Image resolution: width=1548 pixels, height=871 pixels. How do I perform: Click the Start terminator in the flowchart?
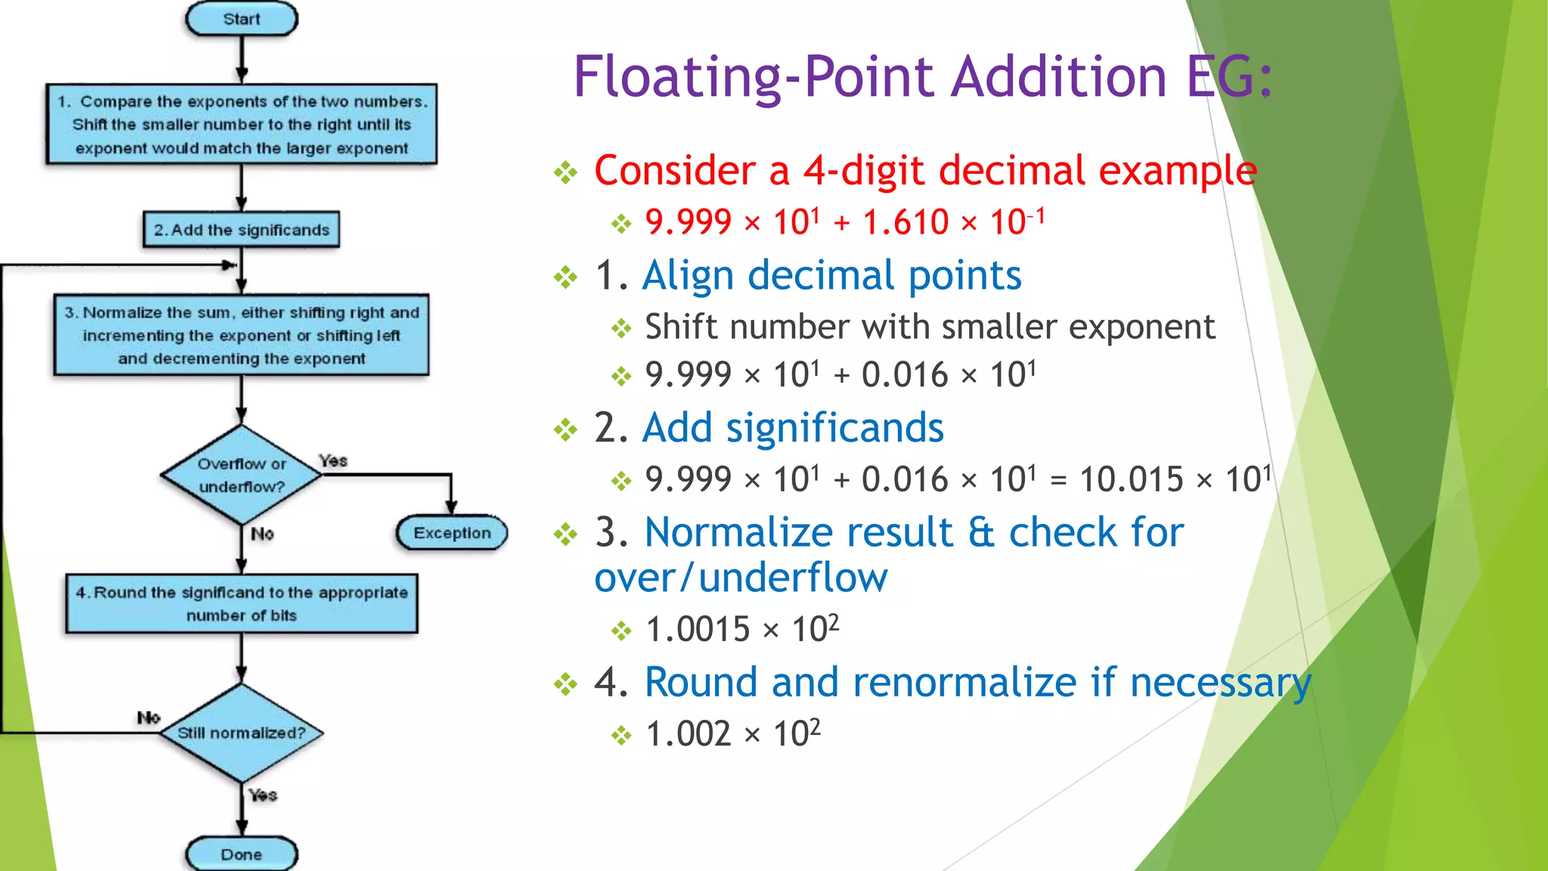pos(241,19)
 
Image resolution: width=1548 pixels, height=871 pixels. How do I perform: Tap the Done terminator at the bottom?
pos(241,854)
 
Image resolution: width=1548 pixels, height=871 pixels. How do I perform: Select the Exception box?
pos(451,533)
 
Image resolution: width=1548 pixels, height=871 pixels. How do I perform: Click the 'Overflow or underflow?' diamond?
pos(241,475)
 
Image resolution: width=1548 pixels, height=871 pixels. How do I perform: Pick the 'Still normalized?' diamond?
pos(241,733)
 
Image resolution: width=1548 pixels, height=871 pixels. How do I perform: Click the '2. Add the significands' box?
pos(241,230)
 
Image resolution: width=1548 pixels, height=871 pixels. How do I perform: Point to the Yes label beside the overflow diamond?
pos(333,460)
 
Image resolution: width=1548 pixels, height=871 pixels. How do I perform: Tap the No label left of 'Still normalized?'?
pos(148,717)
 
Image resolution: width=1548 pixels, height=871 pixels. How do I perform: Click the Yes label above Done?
pos(262,795)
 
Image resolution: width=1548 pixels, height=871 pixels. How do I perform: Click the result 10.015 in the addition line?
pos(1131,479)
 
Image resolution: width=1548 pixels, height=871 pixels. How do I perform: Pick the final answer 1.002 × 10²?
pos(732,733)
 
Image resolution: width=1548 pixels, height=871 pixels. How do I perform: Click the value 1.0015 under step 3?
pos(697,629)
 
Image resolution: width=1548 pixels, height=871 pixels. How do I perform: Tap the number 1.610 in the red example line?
pos(905,222)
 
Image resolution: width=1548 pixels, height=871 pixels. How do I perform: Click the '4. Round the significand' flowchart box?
pos(241,604)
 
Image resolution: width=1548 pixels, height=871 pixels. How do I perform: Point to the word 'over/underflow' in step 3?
pos(741,578)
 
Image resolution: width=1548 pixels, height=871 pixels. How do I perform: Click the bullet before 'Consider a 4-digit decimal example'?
pos(565,173)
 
